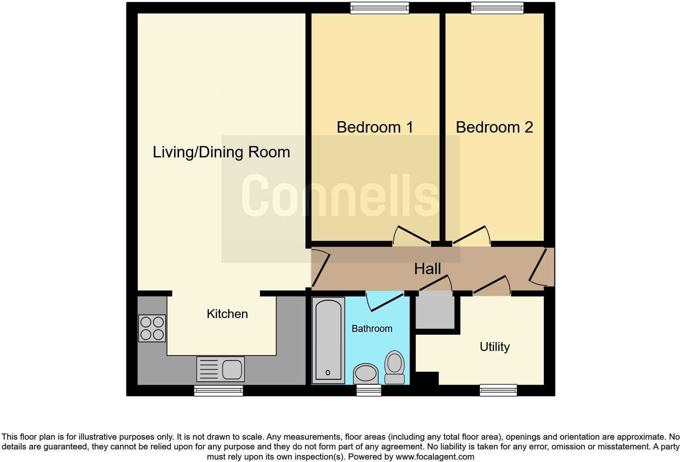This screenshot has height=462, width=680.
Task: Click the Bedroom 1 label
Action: coord(375,127)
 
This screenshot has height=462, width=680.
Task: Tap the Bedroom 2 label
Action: coord(494,127)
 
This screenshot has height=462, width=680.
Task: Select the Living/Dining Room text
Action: coord(221,152)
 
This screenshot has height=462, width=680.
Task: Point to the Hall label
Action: coord(427,269)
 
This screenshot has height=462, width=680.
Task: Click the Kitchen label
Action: coord(227,314)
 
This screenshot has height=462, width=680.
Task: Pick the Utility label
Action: coord(495,347)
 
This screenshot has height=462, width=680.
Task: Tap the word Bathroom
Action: coord(372,329)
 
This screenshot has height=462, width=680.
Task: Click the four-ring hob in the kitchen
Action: coord(152,328)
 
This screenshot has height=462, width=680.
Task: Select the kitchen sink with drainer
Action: coord(220,369)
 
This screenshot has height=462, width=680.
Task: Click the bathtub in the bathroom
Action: coord(328,340)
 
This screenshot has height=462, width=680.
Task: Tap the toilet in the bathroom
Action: coord(394,367)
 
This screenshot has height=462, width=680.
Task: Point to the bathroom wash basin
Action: coord(366,373)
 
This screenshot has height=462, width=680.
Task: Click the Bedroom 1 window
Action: coord(380,8)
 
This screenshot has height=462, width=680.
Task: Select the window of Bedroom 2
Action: coord(497,8)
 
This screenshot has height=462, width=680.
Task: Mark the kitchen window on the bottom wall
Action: coord(218,391)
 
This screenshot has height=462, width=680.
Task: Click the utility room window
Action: coord(498,390)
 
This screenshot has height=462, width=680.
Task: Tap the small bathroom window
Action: coord(369,390)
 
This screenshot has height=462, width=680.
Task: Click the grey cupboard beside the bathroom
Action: coord(435,312)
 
